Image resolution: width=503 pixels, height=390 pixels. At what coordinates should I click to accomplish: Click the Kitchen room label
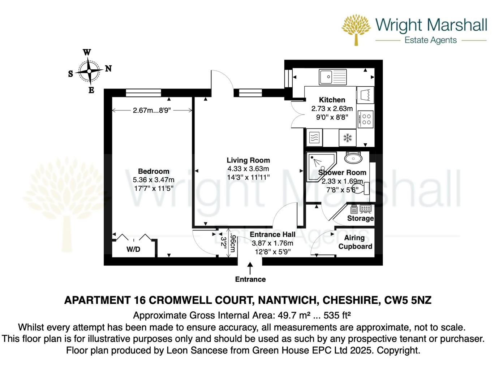[x=332, y=100]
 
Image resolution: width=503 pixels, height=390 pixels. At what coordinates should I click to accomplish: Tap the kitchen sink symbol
[x=332, y=77]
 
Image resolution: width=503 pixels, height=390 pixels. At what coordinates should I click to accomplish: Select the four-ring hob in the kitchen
[x=366, y=120]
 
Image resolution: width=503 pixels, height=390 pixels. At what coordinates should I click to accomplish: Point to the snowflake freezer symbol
[x=347, y=138]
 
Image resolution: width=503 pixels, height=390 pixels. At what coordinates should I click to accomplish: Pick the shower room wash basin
[x=353, y=158]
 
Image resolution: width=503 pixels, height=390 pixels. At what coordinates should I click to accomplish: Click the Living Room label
[x=248, y=160]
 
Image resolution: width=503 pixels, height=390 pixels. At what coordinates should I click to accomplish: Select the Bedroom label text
[x=154, y=172]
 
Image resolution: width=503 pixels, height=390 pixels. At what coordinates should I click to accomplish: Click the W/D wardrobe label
[x=133, y=250]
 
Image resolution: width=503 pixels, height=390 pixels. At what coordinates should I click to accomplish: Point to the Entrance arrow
[x=250, y=268]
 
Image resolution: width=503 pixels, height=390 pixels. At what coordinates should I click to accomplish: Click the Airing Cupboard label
[x=355, y=242]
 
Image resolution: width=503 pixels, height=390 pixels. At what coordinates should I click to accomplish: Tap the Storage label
[x=360, y=218]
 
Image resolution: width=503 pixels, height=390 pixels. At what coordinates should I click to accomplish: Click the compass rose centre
[x=89, y=71]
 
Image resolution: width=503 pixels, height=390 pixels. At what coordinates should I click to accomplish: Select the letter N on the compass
[x=108, y=69]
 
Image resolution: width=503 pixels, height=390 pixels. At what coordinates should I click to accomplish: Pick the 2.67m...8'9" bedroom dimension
[x=152, y=110]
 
